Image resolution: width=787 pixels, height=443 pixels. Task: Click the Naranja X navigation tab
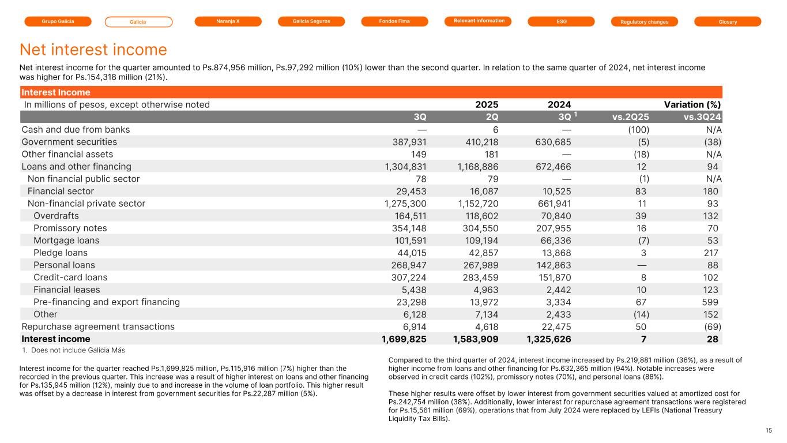tap(228, 21)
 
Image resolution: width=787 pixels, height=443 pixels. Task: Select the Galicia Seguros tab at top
tap(311, 21)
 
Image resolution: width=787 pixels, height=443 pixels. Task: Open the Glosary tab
tap(728, 22)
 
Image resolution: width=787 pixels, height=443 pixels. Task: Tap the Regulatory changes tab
tap(644, 22)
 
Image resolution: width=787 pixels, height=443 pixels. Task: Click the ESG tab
tap(562, 21)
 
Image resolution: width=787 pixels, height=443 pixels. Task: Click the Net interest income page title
tap(93, 50)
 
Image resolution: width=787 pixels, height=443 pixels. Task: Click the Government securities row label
tap(69, 142)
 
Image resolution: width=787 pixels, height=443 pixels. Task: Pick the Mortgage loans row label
tap(66, 241)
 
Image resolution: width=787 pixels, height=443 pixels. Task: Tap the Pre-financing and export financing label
tap(107, 302)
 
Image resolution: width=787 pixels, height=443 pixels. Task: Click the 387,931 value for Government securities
tap(406, 142)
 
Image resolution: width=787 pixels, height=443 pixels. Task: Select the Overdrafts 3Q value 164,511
tap(406, 216)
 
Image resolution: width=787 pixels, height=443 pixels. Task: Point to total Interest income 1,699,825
tap(400, 339)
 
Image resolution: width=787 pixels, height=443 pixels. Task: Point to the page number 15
tap(769, 430)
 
